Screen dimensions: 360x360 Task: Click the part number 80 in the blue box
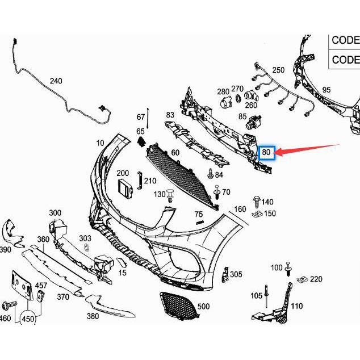(266, 152)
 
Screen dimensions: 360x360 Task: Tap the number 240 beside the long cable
(56, 81)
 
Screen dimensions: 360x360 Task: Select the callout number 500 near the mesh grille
(203, 307)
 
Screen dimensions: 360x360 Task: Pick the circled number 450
(28, 319)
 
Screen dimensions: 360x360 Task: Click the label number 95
(326, 90)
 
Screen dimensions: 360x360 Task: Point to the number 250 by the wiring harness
(278, 70)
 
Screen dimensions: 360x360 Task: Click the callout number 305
(236, 275)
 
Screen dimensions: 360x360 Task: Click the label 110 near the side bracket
(296, 307)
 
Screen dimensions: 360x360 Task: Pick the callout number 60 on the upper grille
(175, 153)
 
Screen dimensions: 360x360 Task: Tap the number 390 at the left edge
(5, 250)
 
